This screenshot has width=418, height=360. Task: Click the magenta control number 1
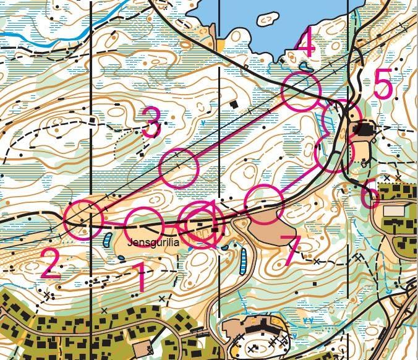(x=142, y=276)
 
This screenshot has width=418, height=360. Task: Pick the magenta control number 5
(x=383, y=85)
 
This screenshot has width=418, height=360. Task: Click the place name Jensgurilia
(x=154, y=244)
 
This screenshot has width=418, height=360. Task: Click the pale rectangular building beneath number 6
(x=393, y=211)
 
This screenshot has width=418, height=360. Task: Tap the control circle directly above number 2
(x=83, y=219)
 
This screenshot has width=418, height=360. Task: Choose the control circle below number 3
(x=179, y=168)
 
